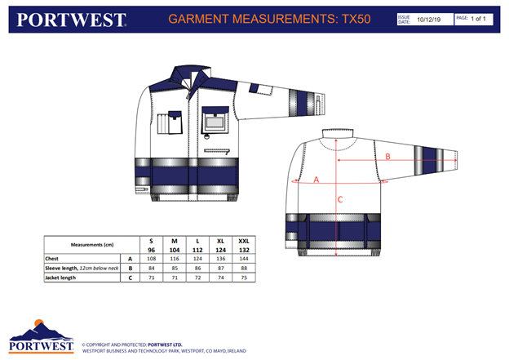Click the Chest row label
53,257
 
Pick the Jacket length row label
62,278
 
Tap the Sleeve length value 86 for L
197,268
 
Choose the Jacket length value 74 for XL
220,278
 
